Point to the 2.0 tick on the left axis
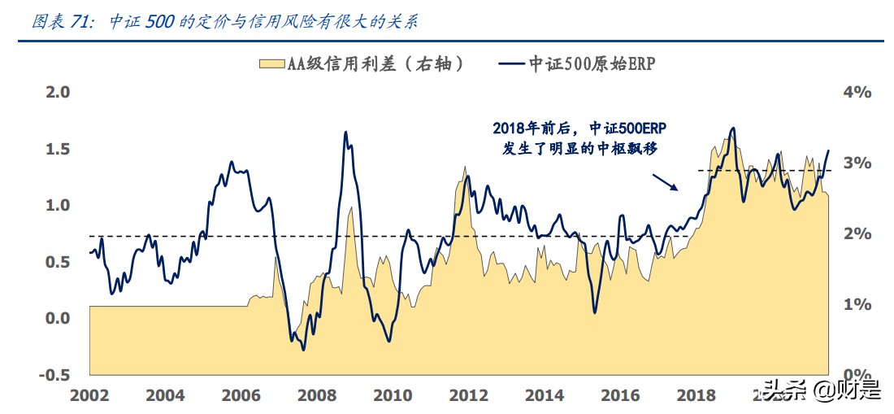pyautogui.click(x=59, y=93)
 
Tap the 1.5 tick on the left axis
pyautogui.click(x=59, y=149)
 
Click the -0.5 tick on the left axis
pyautogui.click(x=55, y=374)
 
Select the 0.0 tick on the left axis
pyautogui.click(x=59, y=318)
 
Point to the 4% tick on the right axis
pyautogui.click(x=857, y=93)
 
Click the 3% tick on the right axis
pyautogui.click(x=857, y=163)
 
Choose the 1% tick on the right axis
pyautogui.click(x=857, y=304)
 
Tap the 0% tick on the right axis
pyautogui.click(x=857, y=374)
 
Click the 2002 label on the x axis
pyautogui.click(x=89, y=395)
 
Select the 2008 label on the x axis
pyautogui.click(x=315, y=395)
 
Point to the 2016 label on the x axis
pyautogui.click(x=620, y=395)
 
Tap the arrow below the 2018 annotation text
pyautogui.click(x=665, y=181)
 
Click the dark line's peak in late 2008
pyautogui.click(x=345, y=132)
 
